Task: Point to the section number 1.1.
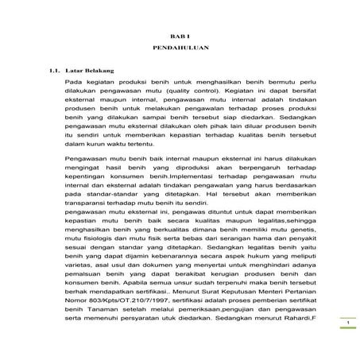[x=52, y=71]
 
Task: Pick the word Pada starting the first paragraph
[x=73, y=82]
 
